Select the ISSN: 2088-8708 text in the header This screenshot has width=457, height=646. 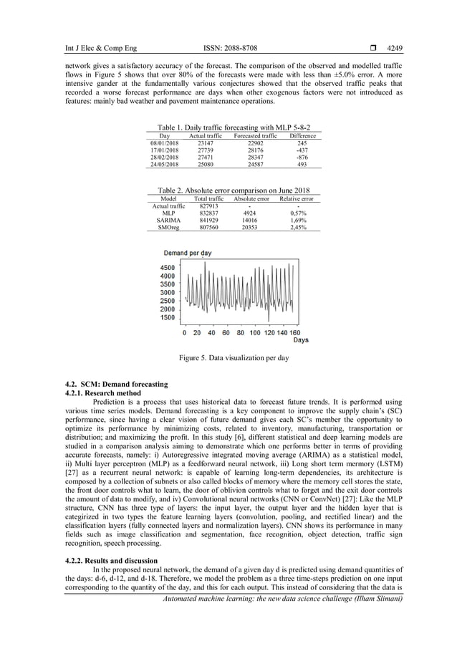[x=228, y=49]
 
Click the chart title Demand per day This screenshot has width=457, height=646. [x=187, y=254]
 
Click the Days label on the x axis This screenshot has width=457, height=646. [x=300, y=340]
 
